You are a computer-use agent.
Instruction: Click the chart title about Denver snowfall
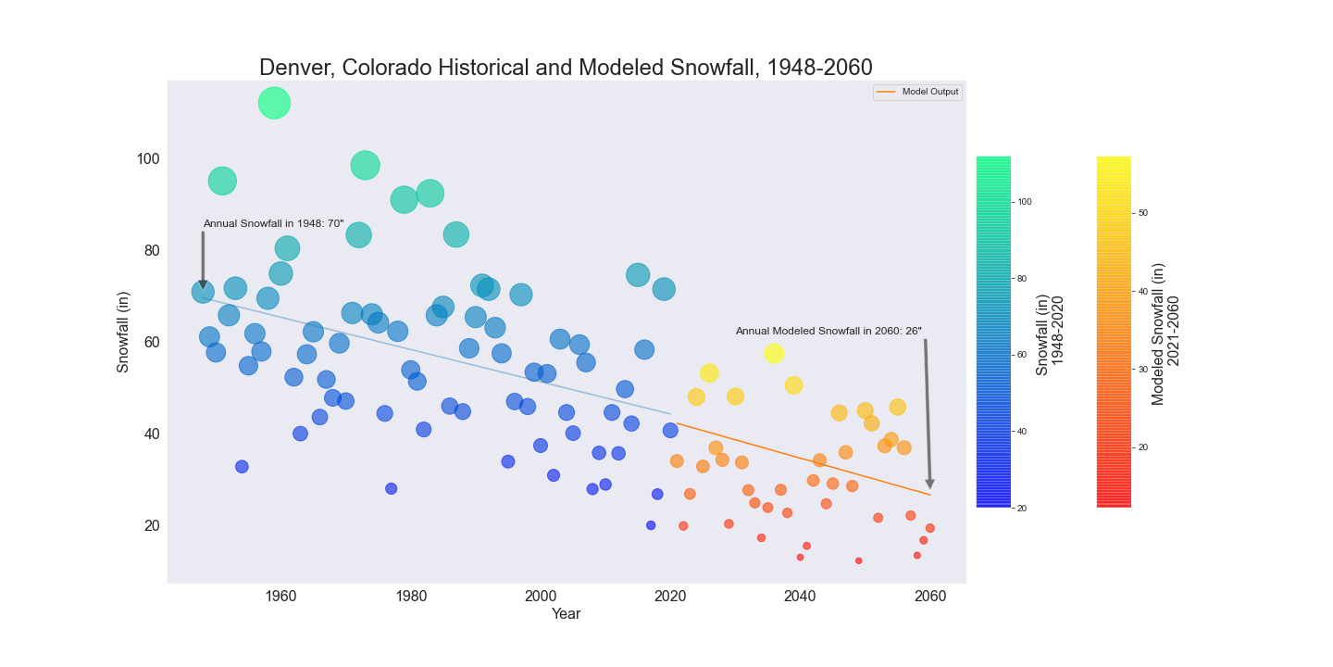(x=566, y=68)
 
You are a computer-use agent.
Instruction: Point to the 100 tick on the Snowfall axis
(x=148, y=159)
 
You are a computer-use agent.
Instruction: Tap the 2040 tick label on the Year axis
(x=800, y=597)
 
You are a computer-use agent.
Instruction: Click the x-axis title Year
(x=566, y=614)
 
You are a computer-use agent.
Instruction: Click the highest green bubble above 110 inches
(x=274, y=103)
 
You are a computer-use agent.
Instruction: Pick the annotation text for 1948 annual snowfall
(x=273, y=223)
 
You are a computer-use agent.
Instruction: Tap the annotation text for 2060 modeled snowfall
(x=828, y=331)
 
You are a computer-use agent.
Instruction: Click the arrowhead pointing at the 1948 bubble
(x=203, y=284)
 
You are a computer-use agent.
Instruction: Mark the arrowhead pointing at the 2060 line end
(x=929, y=485)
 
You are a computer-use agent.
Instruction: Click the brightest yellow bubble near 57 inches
(x=774, y=353)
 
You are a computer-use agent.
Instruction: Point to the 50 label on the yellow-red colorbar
(x=1143, y=213)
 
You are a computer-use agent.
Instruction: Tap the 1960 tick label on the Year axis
(x=280, y=597)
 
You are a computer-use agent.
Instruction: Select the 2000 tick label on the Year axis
(x=540, y=597)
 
